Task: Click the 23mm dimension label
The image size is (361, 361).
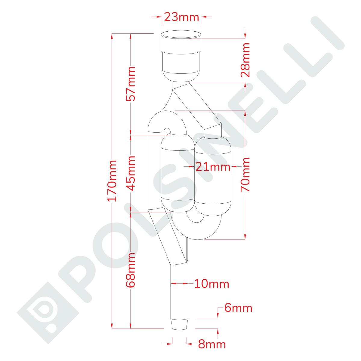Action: [181, 17]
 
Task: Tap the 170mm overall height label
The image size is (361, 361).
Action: [112, 181]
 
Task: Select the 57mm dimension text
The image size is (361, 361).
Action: [130, 84]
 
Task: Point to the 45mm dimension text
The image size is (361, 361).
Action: [130, 174]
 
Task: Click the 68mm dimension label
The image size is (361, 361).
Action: [130, 270]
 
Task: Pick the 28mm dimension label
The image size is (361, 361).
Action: [245, 60]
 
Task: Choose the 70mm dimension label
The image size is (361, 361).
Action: [245, 174]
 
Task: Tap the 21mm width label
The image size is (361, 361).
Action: [213, 167]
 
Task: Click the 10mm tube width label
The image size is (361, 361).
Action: [211, 284]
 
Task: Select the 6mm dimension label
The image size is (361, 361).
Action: [238, 308]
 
